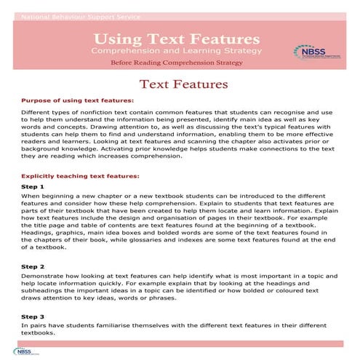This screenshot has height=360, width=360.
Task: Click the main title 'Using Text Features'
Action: [177, 37]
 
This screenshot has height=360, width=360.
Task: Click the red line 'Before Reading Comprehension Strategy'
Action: [177, 64]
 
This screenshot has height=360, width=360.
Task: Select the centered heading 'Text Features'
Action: [180, 84]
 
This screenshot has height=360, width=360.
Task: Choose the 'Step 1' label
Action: [33, 187]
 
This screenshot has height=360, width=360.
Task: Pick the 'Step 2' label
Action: [33, 266]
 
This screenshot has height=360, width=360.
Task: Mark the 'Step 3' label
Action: [33, 316]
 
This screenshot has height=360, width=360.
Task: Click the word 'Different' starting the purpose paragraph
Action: [36, 113]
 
